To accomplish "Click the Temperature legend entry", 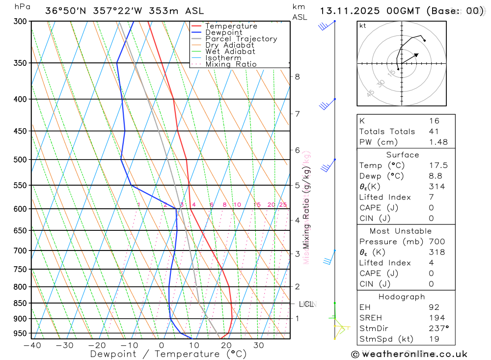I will coord(231,26).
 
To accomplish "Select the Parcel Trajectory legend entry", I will coord(241,39).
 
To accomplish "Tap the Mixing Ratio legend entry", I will coord(231,64).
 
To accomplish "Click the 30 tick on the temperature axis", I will coord(259,345).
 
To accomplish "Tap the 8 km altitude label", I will coord(297,77).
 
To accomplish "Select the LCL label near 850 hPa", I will coord(306,305).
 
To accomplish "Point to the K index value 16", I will coord(434,121).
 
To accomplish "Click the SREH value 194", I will coord(436,318).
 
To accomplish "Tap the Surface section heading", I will coord(403,155).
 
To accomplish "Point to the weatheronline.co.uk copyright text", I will coord(409,354).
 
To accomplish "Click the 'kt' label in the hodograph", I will coord(362,26).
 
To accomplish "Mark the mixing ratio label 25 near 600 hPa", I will coord(283,205).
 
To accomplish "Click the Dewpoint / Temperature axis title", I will coord(161,354).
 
